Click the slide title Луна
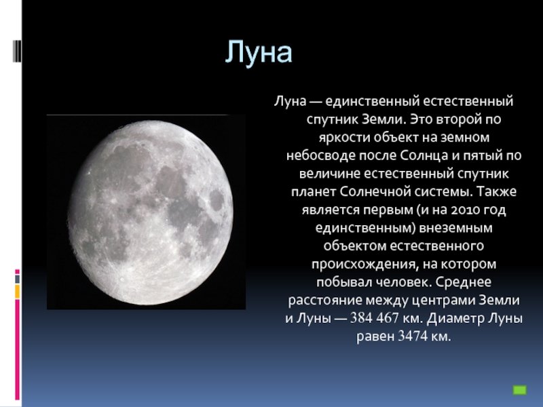click(259, 52)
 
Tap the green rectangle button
click(519, 390)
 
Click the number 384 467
click(375, 317)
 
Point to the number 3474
click(413, 336)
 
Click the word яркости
click(344, 138)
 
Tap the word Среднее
click(464, 282)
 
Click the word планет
click(314, 192)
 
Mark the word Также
click(497, 191)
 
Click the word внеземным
click(455, 228)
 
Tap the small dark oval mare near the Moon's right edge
click(217, 200)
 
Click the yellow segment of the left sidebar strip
click(18, 292)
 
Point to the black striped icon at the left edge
click(16, 51)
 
